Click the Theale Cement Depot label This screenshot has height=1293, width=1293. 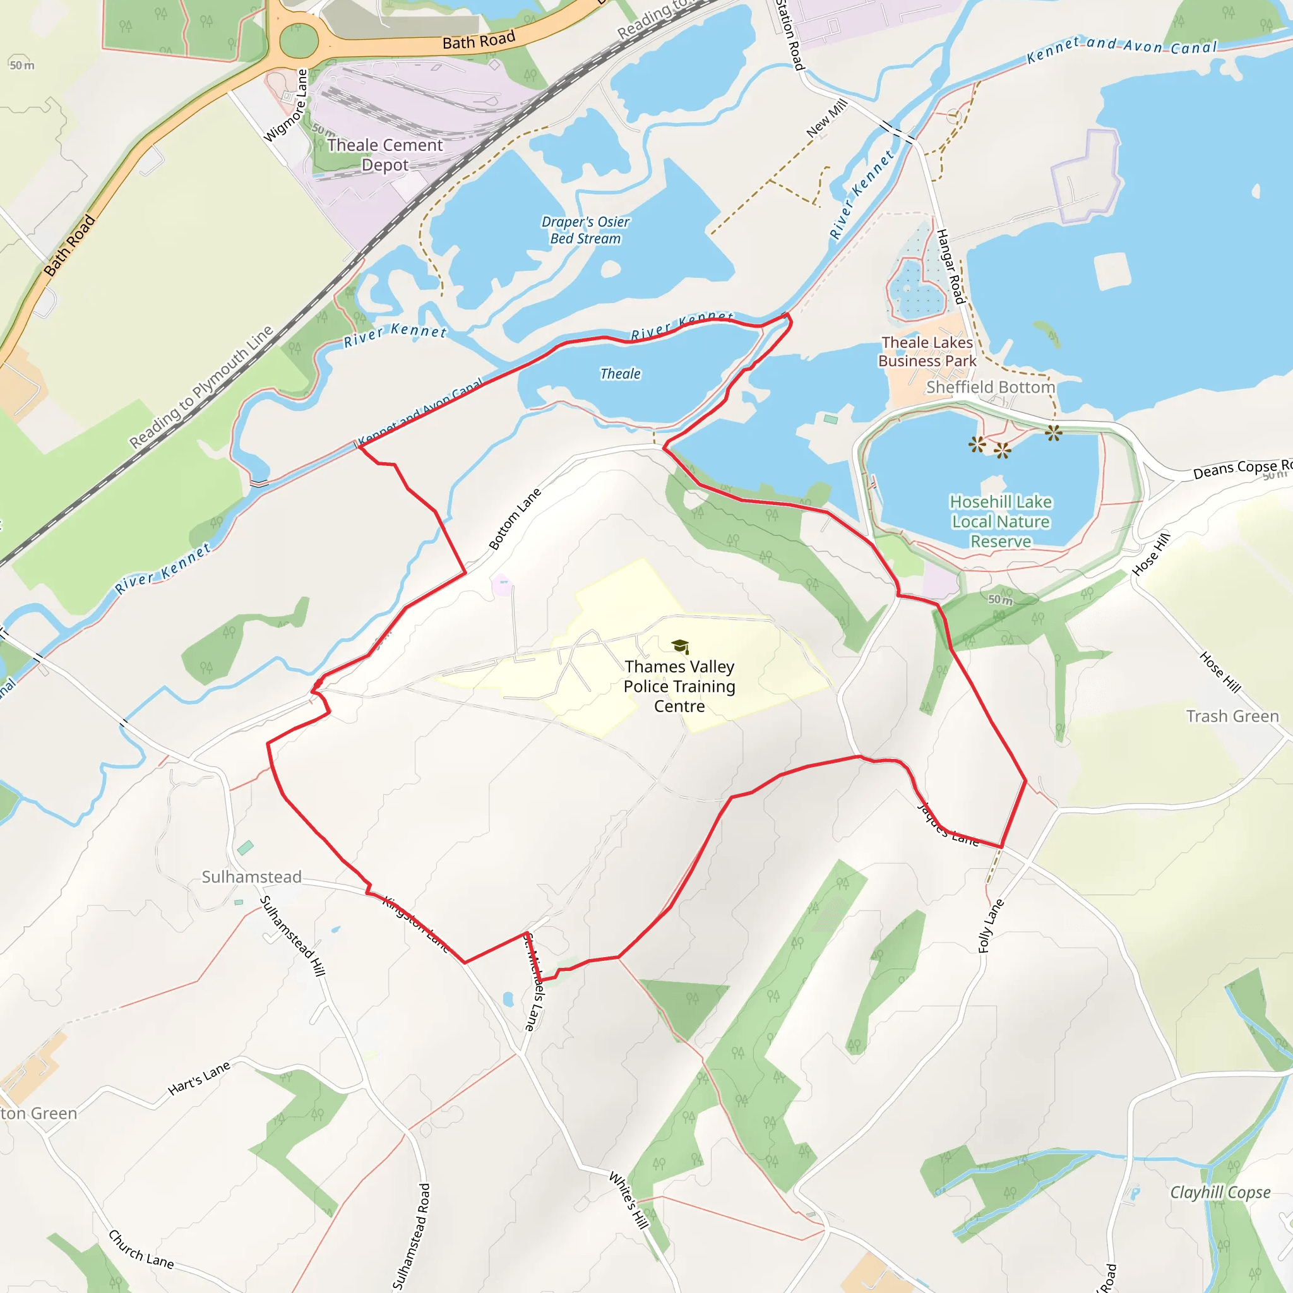(385, 155)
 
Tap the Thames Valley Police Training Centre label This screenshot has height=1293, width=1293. (679, 686)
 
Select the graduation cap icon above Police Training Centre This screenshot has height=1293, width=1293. (680, 646)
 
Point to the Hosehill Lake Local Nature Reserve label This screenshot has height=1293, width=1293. (1001, 521)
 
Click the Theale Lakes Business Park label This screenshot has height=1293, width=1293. (927, 352)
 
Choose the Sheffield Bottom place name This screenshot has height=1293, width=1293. (990, 387)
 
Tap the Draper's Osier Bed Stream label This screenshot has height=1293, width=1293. (586, 230)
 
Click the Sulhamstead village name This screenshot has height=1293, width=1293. (252, 877)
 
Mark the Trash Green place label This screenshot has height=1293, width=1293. (1232, 716)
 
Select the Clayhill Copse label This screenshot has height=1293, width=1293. (1219, 1192)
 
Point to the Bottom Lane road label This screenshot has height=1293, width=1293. (514, 520)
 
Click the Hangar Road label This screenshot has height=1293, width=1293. (950, 266)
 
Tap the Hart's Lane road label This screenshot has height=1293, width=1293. (199, 1078)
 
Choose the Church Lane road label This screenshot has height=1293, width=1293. (141, 1249)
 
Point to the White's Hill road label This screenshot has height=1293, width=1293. (628, 1200)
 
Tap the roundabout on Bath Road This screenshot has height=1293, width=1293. (298, 42)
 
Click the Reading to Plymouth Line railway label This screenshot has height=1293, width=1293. (201, 387)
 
